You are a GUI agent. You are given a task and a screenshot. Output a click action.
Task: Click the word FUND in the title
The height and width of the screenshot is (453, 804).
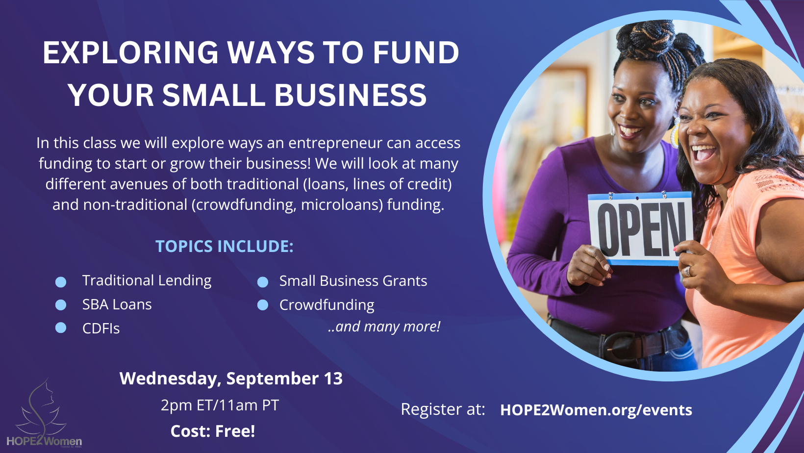[x=416, y=52]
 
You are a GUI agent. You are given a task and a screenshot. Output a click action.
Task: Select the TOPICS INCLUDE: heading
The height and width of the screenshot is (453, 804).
[x=225, y=246]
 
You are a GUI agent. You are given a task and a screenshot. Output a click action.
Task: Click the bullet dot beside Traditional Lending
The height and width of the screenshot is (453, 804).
[x=61, y=282]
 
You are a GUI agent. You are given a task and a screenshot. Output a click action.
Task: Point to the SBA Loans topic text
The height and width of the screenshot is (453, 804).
[x=117, y=304]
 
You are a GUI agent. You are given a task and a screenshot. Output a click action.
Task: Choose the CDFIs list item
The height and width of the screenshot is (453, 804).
[x=101, y=328]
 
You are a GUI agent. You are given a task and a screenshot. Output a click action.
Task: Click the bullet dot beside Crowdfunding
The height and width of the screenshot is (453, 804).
[x=263, y=305]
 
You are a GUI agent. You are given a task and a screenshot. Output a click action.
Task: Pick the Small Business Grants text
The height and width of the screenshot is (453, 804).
[x=353, y=281]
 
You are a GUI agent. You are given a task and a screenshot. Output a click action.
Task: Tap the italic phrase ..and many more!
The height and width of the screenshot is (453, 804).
[x=384, y=327]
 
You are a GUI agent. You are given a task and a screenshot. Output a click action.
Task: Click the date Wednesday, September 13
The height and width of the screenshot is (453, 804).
[x=231, y=378]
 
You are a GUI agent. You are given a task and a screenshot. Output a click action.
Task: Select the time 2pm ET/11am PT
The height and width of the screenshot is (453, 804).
[x=220, y=405]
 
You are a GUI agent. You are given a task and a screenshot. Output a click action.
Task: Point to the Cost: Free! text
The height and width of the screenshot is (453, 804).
[x=213, y=431]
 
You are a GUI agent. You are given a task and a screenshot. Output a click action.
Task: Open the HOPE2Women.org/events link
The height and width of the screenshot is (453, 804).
[x=596, y=410]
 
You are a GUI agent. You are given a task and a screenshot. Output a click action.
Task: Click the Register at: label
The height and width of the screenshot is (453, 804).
[x=443, y=409]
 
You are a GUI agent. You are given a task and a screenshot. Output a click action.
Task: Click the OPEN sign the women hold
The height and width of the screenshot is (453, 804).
[x=640, y=228]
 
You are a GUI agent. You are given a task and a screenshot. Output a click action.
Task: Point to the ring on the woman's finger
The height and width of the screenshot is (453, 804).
[x=687, y=271]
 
